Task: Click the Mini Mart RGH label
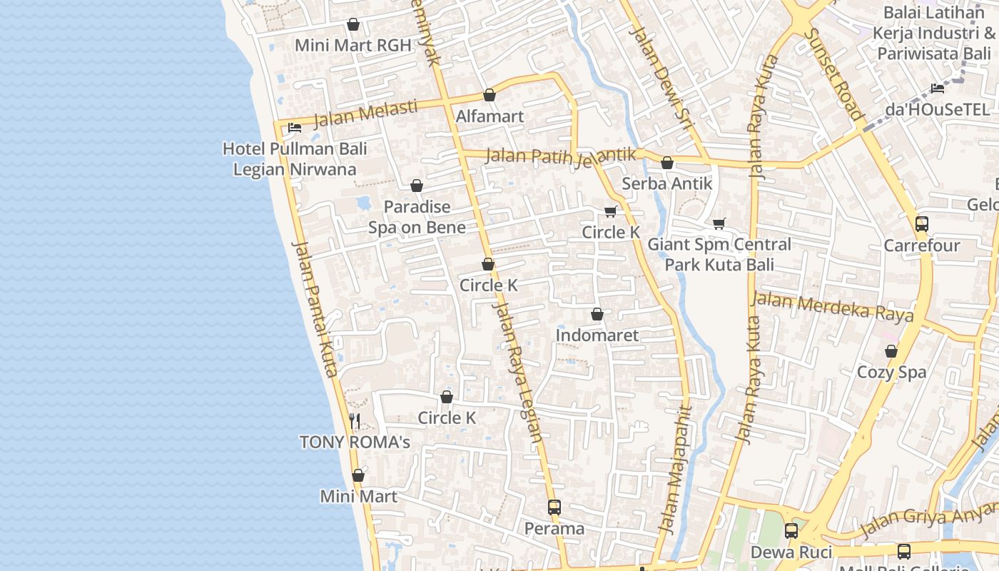click(x=353, y=46)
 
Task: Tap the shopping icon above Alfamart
click(x=490, y=95)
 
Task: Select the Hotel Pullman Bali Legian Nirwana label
click(x=295, y=159)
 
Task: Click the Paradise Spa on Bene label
click(x=417, y=217)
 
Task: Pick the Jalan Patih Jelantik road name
click(x=560, y=156)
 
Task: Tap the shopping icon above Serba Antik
click(x=667, y=163)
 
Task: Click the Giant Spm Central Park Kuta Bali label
click(x=719, y=255)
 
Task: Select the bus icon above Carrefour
click(x=921, y=223)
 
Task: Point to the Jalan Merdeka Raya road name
click(x=832, y=305)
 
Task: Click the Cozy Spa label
click(x=891, y=372)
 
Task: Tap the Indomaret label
click(x=597, y=335)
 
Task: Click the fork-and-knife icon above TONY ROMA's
click(x=355, y=420)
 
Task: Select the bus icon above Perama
click(x=554, y=507)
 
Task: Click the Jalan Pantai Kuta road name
click(x=314, y=308)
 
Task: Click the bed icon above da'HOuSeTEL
click(x=938, y=89)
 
